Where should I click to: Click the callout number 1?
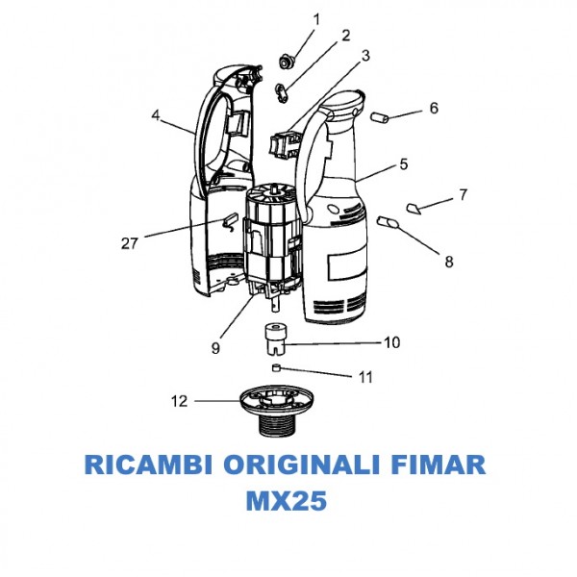point(315,18)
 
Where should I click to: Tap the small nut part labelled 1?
point(286,63)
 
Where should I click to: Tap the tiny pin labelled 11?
point(276,366)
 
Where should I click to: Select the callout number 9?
point(216,347)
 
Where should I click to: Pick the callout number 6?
point(434,108)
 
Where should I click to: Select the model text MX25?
point(287,503)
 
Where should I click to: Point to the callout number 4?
point(155,114)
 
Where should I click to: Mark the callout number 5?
point(403,164)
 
